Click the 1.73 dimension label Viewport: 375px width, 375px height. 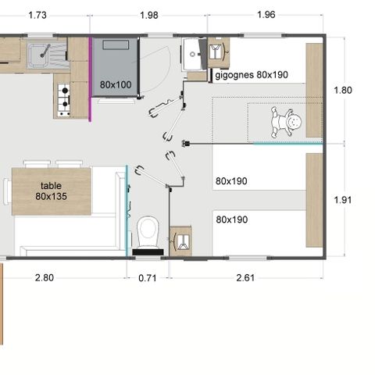point(37,15)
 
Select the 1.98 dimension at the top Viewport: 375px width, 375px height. point(149,15)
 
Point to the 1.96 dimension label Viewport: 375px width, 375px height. point(266,15)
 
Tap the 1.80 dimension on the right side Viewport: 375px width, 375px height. point(343,90)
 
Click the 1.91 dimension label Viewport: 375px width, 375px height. point(343,200)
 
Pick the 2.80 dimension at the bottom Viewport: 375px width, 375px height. point(45,277)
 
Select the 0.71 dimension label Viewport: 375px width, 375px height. point(148,278)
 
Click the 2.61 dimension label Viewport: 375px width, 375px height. point(245,277)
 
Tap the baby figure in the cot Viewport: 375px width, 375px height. point(286,122)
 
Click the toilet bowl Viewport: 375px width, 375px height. point(148,232)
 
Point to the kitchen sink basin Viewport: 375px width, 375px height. point(38,55)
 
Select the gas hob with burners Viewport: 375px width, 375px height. point(64,100)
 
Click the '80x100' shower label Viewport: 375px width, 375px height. point(116,84)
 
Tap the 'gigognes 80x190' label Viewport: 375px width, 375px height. point(252,75)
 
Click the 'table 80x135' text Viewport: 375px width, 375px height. point(52,191)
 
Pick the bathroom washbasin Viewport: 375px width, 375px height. point(192,54)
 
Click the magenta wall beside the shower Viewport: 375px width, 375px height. point(90,80)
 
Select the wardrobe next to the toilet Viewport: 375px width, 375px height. point(180,241)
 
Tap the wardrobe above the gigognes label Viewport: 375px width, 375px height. point(219,52)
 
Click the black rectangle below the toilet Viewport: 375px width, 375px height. point(148,252)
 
